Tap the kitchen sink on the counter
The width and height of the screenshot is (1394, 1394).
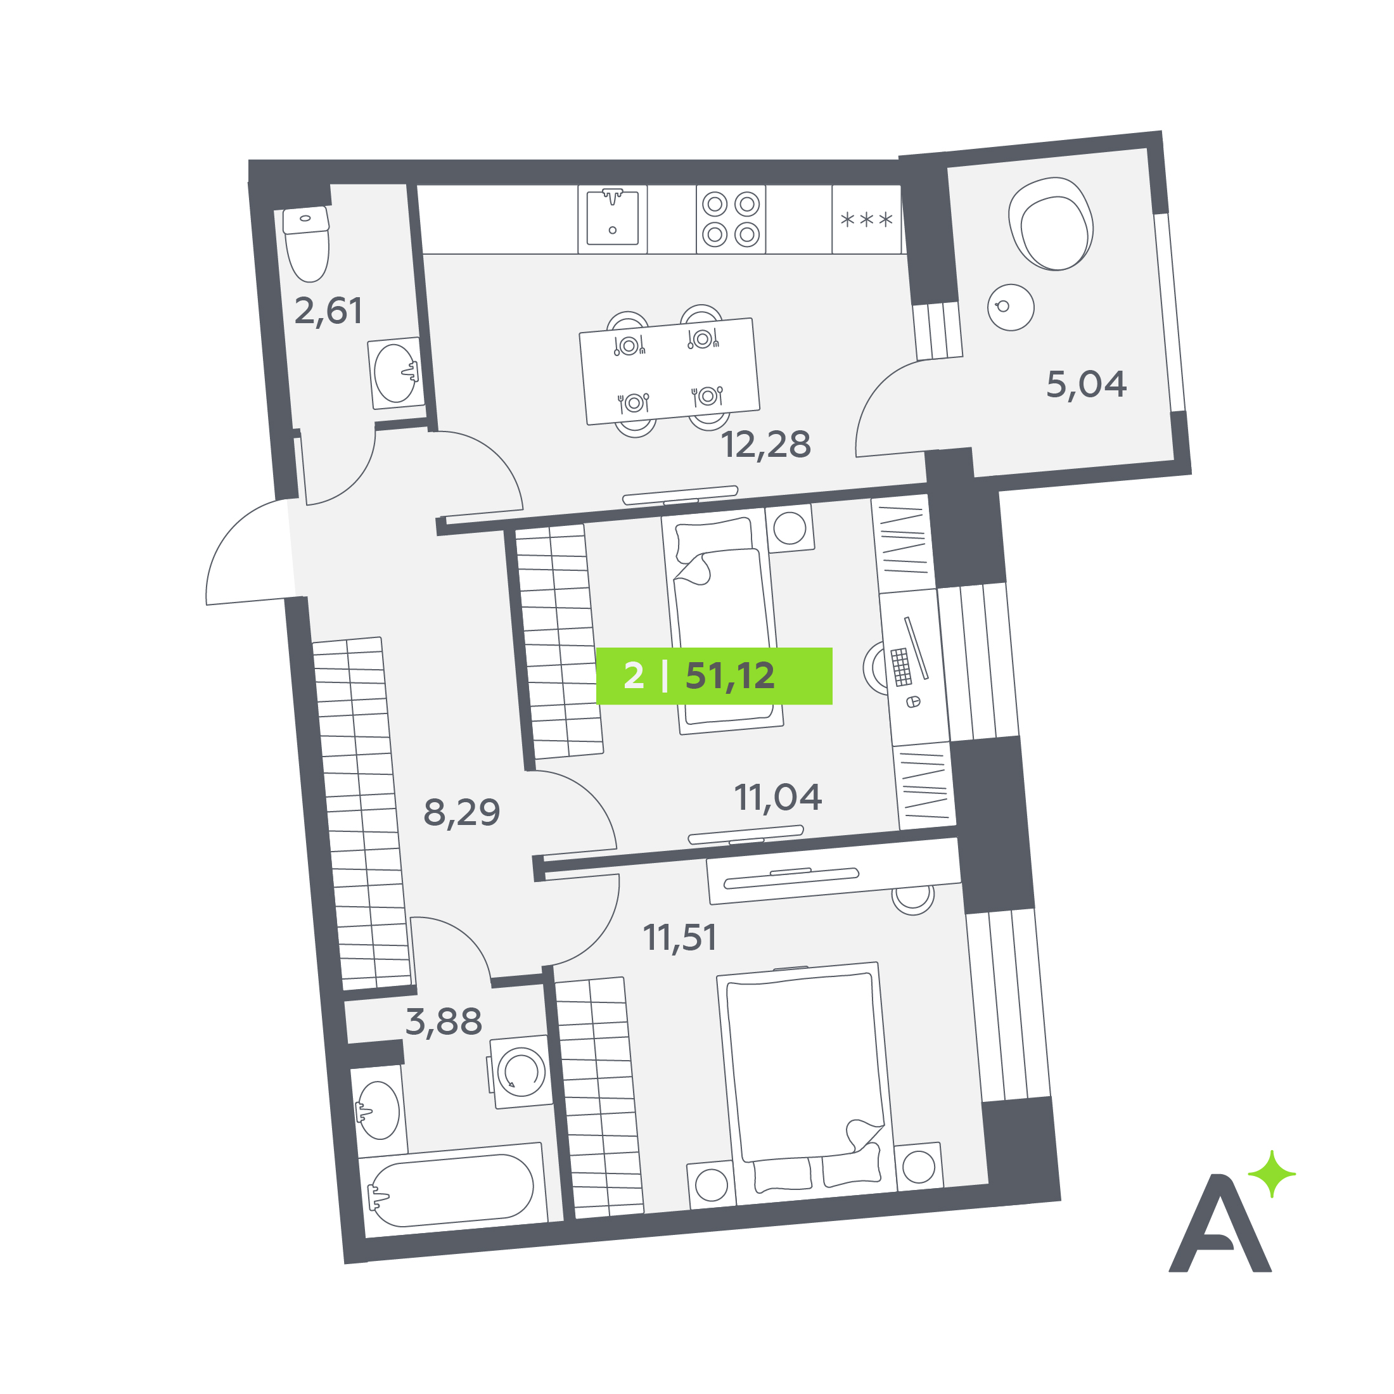[x=613, y=218]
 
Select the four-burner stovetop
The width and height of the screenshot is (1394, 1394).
[x=731, y=219]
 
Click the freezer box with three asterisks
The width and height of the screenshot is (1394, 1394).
[x=867, y=219]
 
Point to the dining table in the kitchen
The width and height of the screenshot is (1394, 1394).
[x=670, y=371]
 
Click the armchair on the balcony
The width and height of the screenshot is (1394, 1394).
[x=1051, y=224]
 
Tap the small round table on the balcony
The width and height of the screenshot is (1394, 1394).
[x=1011, y=307]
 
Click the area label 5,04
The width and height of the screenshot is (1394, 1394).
[x=1086, y=385]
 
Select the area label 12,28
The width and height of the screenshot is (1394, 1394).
[x=766, y=445]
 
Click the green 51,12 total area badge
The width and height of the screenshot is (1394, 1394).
[x=713, y=676]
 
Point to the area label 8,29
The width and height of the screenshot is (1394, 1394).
[x=462, y=813]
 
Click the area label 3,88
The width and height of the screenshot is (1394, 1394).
[x=444, y=1023]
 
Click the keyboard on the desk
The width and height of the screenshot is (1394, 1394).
[x=901, y=667]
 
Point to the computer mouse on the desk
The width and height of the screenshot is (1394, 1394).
[x=912, y=701]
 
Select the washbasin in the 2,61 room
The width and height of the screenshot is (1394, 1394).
[x=395, y=373]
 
